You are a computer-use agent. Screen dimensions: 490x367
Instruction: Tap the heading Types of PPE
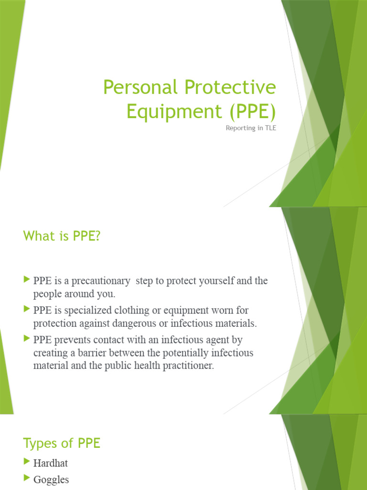coord(62,443)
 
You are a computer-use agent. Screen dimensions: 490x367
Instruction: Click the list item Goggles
coord(51,479)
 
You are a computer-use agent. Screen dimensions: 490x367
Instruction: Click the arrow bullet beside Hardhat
coord(27,462)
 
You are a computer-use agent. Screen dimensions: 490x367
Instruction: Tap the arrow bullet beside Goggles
coord(27,479)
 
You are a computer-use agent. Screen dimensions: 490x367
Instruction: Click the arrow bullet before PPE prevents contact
coord(27,340)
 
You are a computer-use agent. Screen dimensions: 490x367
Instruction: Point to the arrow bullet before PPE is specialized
coord(27,310)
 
